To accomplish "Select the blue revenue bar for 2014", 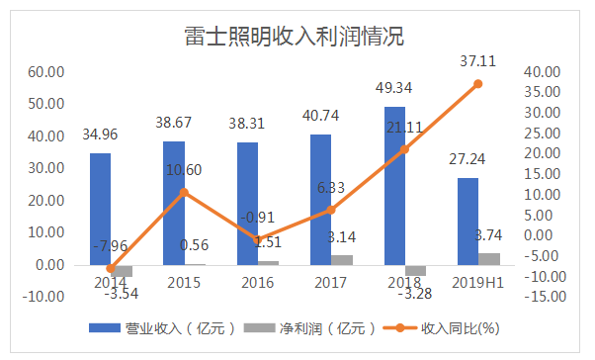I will [100, 209].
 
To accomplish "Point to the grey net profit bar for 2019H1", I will [488, 259].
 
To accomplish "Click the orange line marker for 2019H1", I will [477, 84].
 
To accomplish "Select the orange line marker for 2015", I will [183, 192].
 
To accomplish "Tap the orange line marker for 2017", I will [330, 210].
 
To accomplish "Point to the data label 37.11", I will [477, 61].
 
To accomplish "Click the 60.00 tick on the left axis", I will [44, 72].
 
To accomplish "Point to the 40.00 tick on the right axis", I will [540, 72].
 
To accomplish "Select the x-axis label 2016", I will [257, 284].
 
